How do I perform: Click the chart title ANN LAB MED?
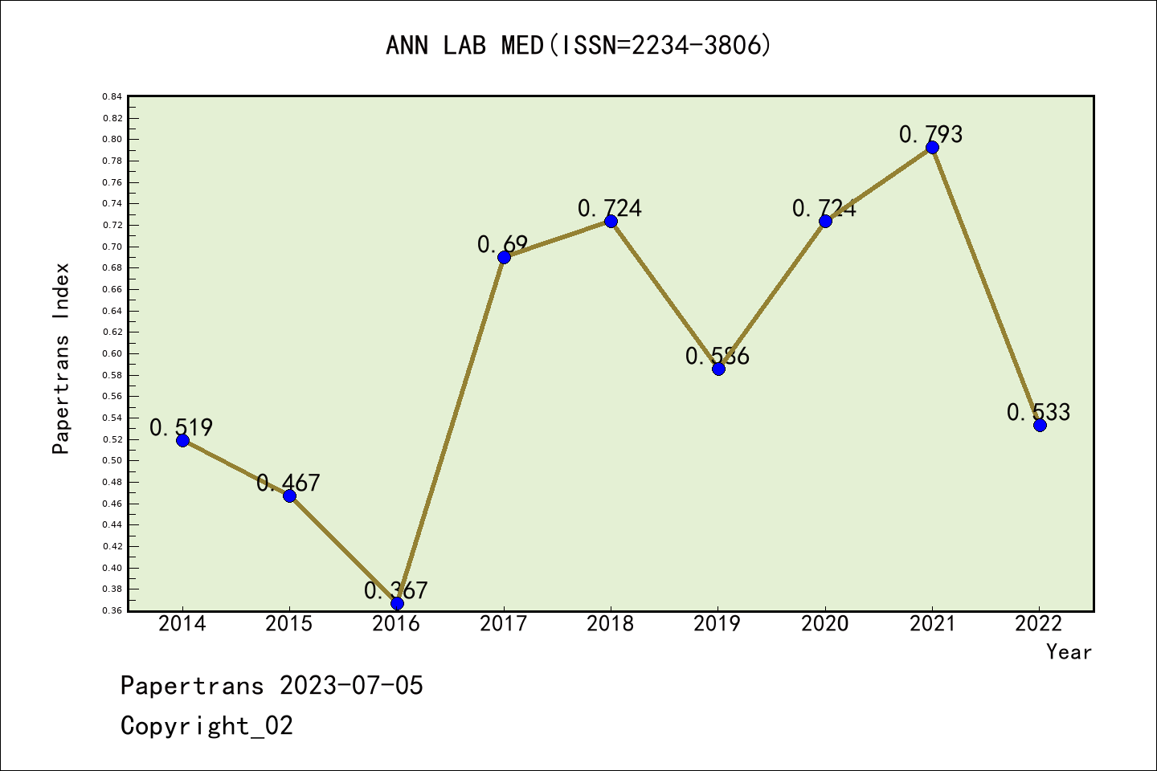[578, 45]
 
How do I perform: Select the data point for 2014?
[182, 440]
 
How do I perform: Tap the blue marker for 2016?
[397, 603]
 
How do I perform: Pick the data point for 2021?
[932, 147]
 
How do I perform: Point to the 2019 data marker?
[718, 369]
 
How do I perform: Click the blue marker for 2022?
[1040, 425]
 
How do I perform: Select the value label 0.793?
[930, 134]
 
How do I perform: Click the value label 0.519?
[181, 427]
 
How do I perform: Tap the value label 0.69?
[502, 244]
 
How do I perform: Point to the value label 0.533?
[1038, 412]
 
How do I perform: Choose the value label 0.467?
[288, 483]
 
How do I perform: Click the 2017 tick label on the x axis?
[503, 624]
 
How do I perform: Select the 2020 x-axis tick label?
[824, 624]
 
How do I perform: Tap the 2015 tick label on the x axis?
[289, 624]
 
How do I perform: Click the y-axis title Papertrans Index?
[61, 358]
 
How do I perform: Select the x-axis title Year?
[1069, 652]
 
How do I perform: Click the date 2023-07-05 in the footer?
[351, 685]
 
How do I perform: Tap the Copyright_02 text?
[206, 725]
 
